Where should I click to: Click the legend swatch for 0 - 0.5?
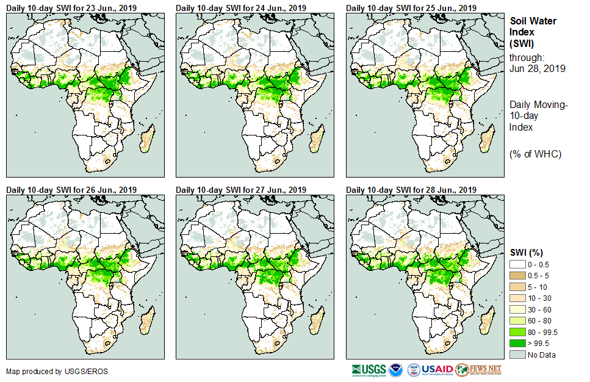[517, 264]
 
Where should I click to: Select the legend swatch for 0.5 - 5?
[517, 275]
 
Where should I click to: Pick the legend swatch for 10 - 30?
[517, 298]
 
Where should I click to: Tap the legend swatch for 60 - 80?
[517, 321]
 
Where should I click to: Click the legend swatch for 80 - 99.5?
[517, 332]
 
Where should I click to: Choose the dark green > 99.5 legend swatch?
[517, 344]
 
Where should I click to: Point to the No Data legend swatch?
[517, 355]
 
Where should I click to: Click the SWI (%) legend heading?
[527, 253]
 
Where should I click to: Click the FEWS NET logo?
[478, 370]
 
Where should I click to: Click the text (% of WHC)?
[535, 154]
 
